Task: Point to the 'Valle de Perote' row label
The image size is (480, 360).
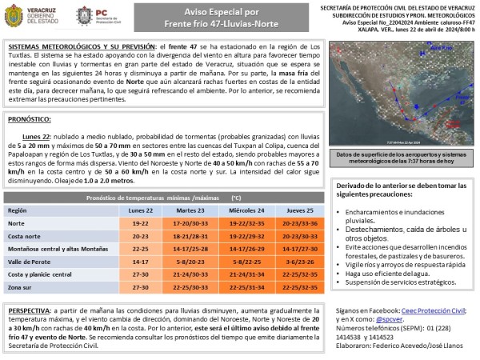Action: (x=30, y=261)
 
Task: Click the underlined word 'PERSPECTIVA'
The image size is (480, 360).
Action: (x=32, y=308)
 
